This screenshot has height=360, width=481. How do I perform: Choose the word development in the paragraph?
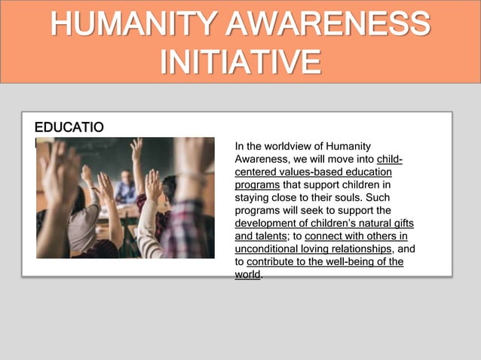point(266,224)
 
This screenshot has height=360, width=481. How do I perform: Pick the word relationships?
point(360,249)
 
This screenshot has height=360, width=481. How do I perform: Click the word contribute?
point(274,262)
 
